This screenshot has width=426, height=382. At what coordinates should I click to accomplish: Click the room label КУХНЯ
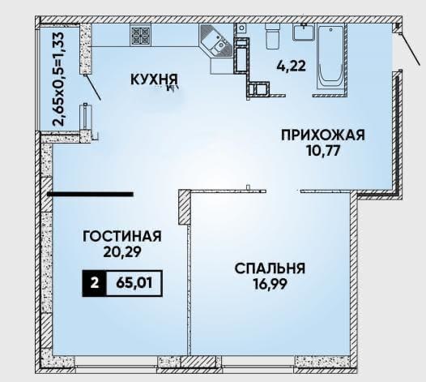pyautogui.click(x=154, y=79)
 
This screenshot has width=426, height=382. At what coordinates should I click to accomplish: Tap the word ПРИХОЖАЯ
pyautogui.click(x=323, y=135)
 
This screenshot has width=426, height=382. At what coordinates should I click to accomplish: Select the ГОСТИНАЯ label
pyautogui.click(x=122, y=236)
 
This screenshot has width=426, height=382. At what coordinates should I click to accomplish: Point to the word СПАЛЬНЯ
pyautogui.click(x=270, y=268)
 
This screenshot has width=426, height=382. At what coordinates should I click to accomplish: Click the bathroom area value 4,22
pyautogui.click(x=291, y=66)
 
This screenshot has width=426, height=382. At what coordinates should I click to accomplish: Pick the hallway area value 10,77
pyautogui.click(x=323, y=151)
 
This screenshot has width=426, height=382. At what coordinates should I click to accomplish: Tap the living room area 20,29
pyautogui.click(x=122, y=252)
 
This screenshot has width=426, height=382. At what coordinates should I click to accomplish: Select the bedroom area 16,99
pyautogui.click(x=270, y=285)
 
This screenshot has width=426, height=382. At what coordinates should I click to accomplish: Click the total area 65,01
pyautogui.click(x=134, y=284)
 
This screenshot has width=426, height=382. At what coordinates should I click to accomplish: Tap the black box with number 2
pyautogui.click(x=94, y=284)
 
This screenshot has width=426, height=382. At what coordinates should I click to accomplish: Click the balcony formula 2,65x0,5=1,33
pyautogui.click(x=58, y=79)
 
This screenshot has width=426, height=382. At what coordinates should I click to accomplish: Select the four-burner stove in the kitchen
pyautogui.click(x=140, y=35)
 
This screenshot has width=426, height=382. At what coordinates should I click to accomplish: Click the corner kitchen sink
pyautogui.click(x=216, y=41)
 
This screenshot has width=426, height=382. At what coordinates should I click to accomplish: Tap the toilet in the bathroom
pyautogui.click(x=272, y=36)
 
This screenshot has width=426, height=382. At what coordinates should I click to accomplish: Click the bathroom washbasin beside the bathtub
pyautogui.click(x=304, y=32)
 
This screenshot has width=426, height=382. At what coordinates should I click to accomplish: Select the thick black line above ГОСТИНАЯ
pyautogui.click(x=90, y=194)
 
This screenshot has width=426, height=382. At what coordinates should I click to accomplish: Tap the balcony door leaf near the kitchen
pyautogui.click(x=93, y=87)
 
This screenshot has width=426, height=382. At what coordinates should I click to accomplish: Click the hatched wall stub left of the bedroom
pyautogui.click(x=184, y=207)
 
